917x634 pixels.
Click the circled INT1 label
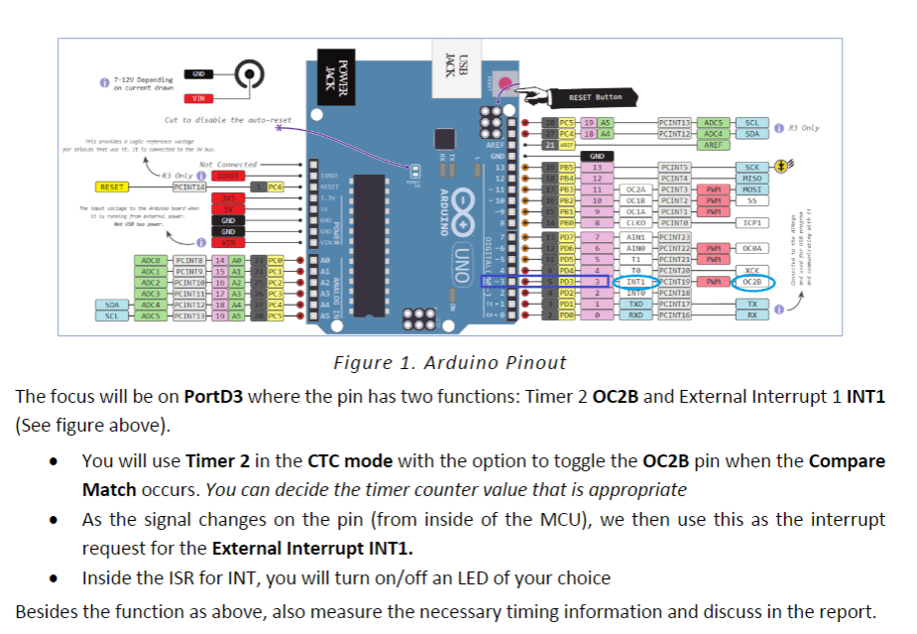636,282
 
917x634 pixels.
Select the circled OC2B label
751,282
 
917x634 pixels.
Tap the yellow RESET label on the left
111,187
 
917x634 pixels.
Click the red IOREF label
229,176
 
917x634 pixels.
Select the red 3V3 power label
229,197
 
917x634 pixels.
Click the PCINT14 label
188,187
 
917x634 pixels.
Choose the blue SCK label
751,168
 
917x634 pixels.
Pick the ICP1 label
751,223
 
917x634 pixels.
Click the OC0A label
751,248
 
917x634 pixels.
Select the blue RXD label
636,315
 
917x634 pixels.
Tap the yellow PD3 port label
566,282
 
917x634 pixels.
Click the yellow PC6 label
275,187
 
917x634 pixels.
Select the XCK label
751,270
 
